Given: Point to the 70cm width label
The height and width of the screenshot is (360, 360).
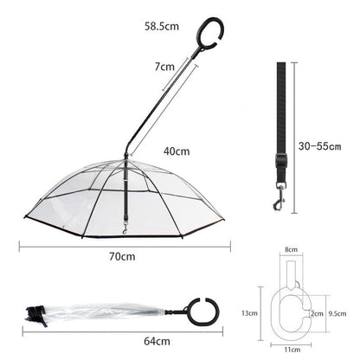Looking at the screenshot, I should tap(121, 256).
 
